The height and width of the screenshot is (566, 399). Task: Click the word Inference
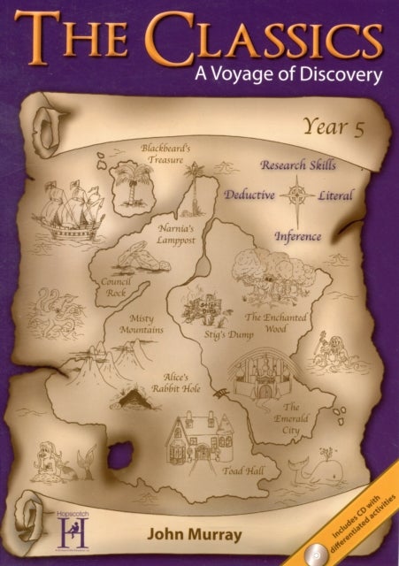[x=297, y=236]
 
